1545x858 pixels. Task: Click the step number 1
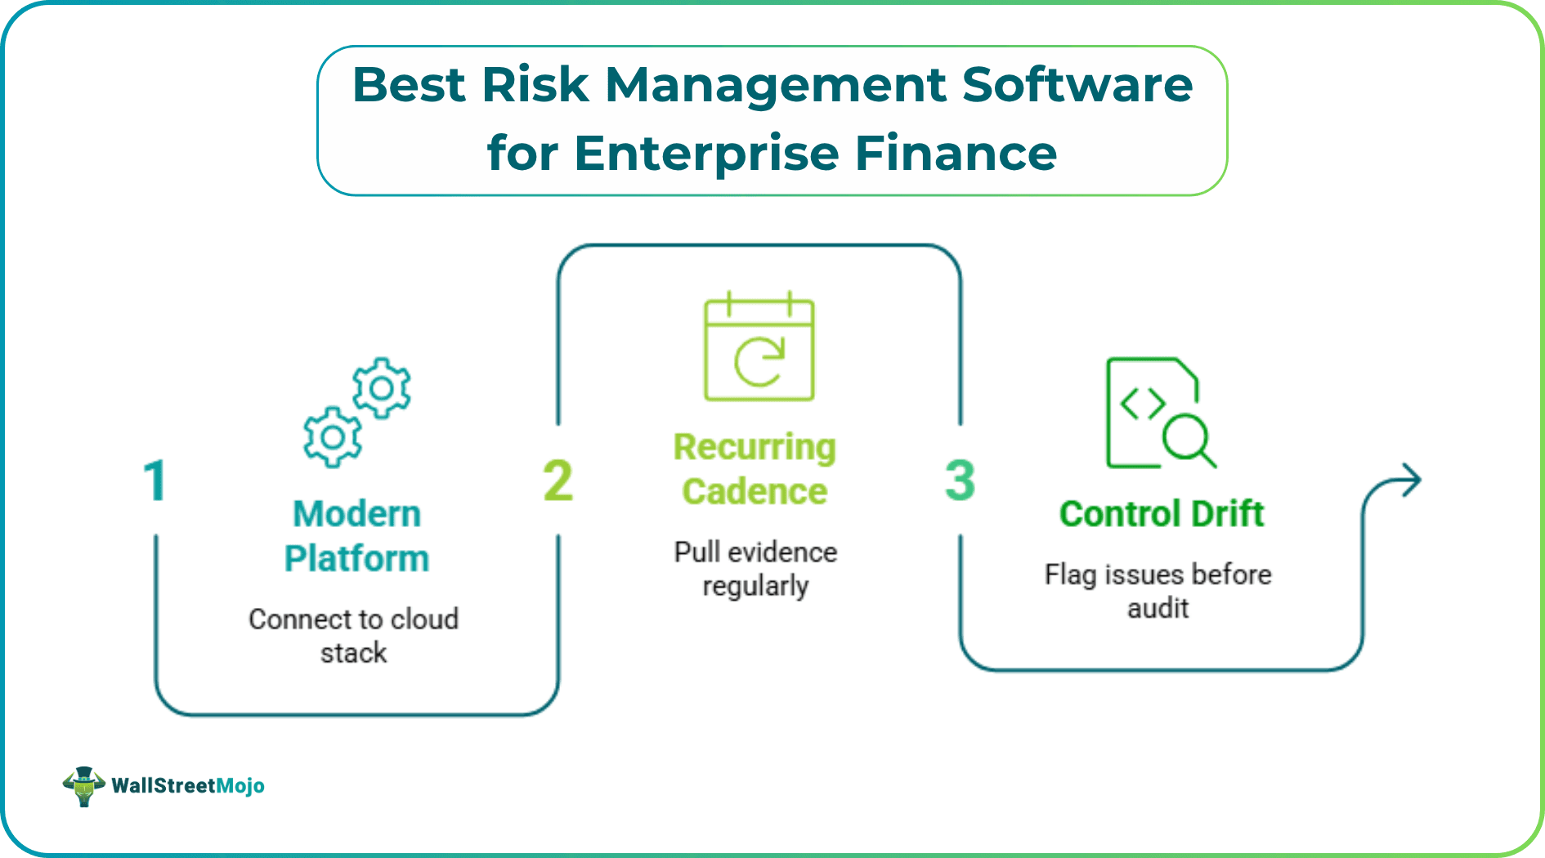(154, 480)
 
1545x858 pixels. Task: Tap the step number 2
(558, 480)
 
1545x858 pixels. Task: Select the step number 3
(961, 480)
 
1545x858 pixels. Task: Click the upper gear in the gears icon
(382, 388)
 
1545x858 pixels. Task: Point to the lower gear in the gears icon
(332, 437)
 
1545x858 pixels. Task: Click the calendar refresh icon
(759, 347)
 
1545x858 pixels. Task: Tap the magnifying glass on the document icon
(1187, 439)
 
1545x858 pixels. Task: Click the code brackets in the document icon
(1142, 403)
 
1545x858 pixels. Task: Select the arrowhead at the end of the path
(1410, 480)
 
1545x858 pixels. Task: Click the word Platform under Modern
(356, 559)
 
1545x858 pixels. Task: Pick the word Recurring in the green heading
(755, 447)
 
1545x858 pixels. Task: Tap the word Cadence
(755, 492)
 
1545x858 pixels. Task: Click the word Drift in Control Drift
(1227, 514)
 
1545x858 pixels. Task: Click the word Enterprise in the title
(706, 154)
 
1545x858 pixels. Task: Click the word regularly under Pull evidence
(755, 587)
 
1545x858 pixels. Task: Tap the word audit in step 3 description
(1158, 609)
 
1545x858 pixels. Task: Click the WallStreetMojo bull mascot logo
(84, 786)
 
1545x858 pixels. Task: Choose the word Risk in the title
(535, 85)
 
